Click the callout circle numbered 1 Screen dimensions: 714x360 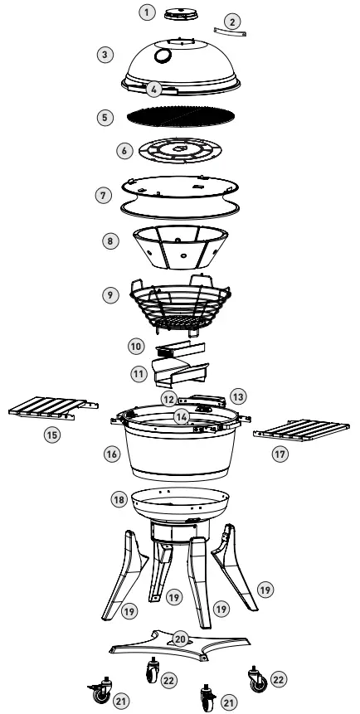147,12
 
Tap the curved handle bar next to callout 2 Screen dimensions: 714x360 228,32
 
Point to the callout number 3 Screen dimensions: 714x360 104,55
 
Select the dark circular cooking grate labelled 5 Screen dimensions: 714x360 181,116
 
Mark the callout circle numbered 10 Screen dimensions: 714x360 137,344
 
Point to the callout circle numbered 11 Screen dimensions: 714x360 137,373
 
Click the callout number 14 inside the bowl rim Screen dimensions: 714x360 179,416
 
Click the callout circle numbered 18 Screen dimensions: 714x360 120,499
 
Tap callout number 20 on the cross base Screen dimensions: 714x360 179,639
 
